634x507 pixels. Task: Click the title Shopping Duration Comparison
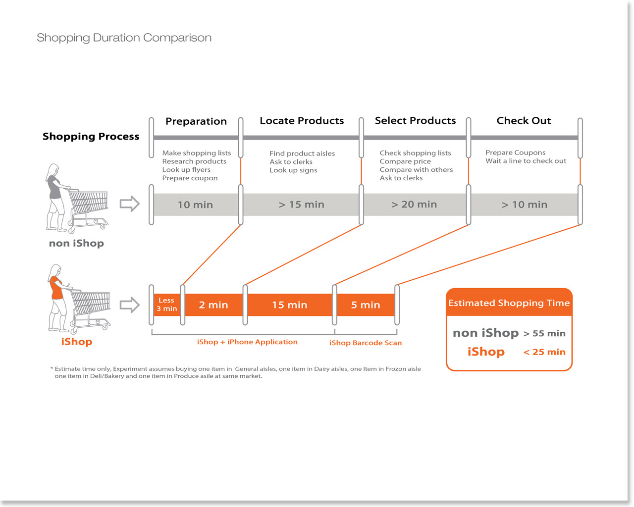pos(124,38)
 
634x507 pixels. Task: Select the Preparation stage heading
pos(196,121)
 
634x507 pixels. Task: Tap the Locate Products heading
pos(302,121)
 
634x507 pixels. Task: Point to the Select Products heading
pos(415,121)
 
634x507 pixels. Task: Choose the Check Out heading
pos(524,121)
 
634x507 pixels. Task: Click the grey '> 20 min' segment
pos(414,204)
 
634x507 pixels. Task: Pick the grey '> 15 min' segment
pos(301,204)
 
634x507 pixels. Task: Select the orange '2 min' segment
pos(213,305)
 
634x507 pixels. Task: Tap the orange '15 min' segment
pos(290,305)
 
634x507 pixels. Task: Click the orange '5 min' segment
pos(366,305)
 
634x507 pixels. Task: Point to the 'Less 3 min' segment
pos(166,304)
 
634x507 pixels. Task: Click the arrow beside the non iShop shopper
pos(130,203)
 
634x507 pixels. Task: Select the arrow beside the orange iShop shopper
pos(130,304)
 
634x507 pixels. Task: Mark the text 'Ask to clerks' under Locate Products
pos(291,162)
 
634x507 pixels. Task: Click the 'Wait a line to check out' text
pos(526,161)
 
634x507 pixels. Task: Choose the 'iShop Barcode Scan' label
pos(366,343)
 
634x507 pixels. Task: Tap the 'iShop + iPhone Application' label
pos(247,342)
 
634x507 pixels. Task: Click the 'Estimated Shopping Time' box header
pos(509,303)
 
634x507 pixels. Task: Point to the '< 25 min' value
pos(544,352)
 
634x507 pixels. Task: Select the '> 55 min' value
pos(544,334)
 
